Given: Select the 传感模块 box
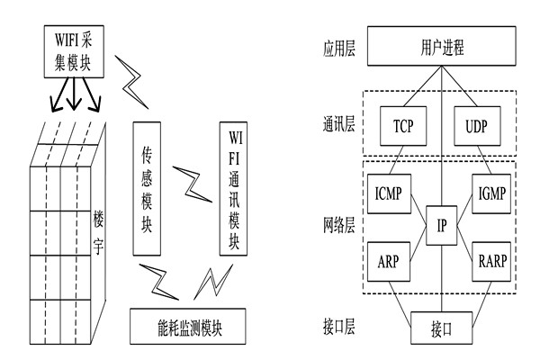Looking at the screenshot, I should click(151, 189).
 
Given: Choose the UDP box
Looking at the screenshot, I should click(478, 125).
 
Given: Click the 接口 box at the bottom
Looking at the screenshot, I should click(441, 328).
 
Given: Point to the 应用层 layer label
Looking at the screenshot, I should click(338, 47).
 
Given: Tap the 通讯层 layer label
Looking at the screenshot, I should click(338, 126).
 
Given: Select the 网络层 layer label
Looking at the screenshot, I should click(338, 226).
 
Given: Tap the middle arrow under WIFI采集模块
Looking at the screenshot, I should click(74, 94).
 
